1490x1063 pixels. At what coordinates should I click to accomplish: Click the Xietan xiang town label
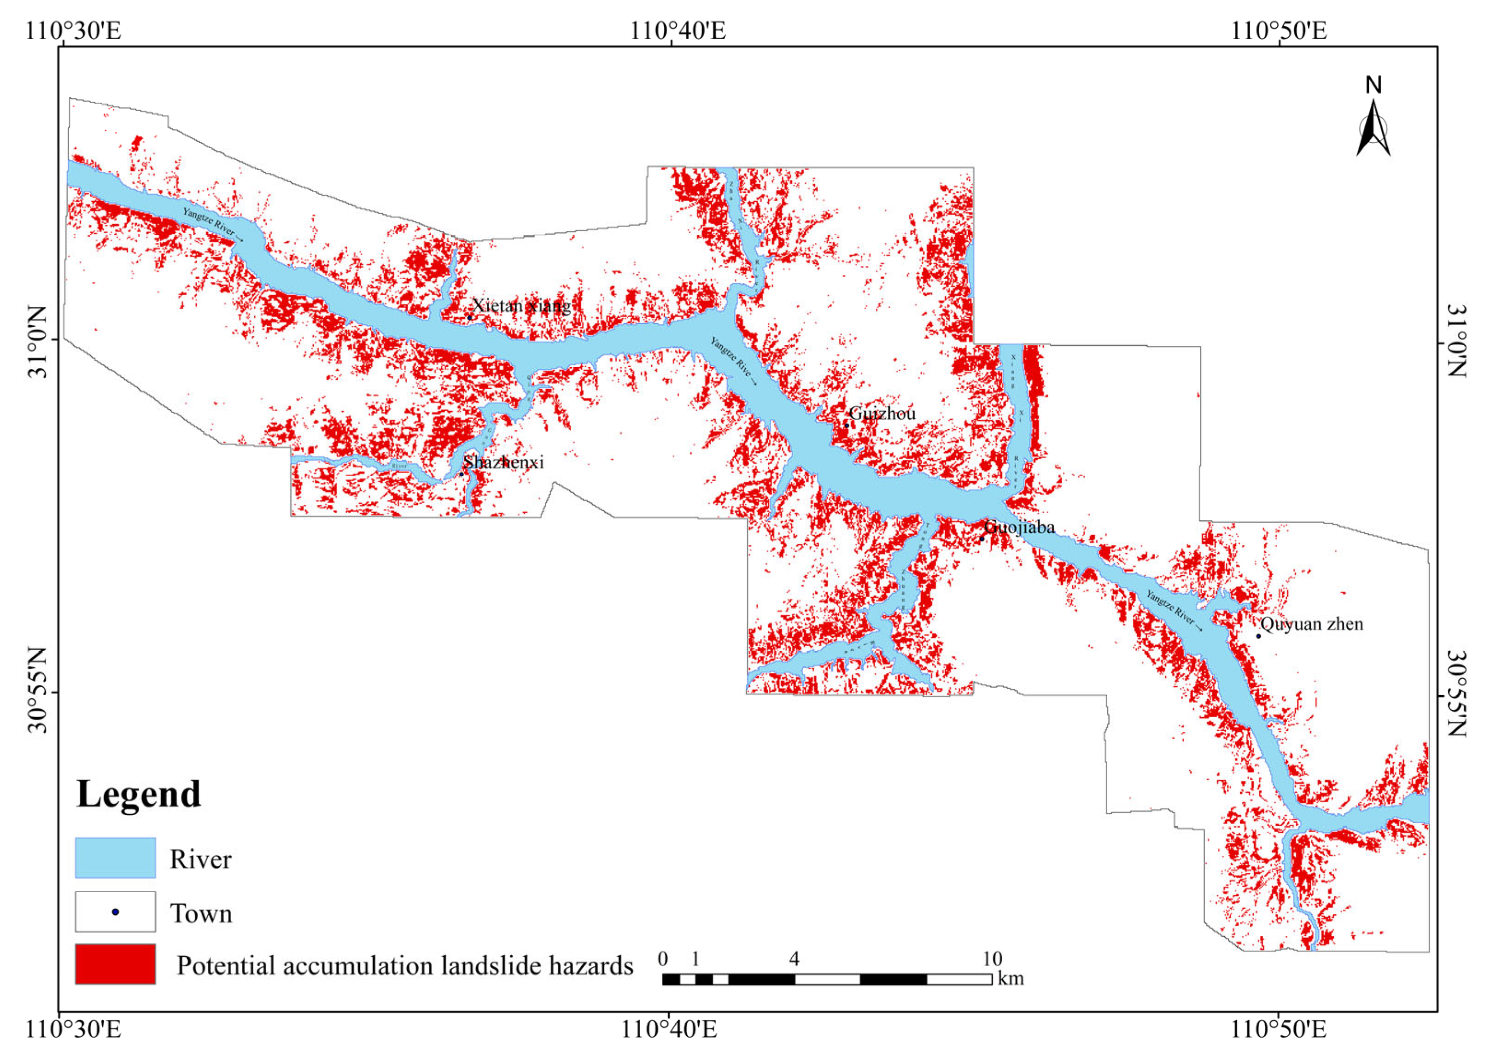click(520, 306)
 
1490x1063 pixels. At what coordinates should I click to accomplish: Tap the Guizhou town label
click(882, 413)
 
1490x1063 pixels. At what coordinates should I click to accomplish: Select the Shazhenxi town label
click(503, 462)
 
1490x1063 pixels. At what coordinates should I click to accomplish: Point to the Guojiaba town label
click(1019, 527)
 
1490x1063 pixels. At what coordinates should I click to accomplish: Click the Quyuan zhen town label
click(1311, 624)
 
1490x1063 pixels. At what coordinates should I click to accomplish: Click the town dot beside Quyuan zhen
click(1257, 636)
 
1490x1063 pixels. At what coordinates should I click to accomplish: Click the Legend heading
click(138, 794)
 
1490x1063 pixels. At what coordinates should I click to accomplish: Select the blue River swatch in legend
click(115, 858)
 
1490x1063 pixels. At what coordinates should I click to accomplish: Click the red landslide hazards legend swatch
click(115, 964)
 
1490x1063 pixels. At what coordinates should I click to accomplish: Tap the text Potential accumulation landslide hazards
click(404, 966)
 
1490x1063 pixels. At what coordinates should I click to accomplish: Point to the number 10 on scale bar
click(992, 959)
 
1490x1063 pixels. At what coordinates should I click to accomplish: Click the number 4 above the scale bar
click(794, 959)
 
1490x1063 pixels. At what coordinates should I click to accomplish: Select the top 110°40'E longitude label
click(678, 30)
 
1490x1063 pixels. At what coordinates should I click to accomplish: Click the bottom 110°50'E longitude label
click(1279, 1030)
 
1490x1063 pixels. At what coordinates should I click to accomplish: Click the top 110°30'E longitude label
click(73, 30)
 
